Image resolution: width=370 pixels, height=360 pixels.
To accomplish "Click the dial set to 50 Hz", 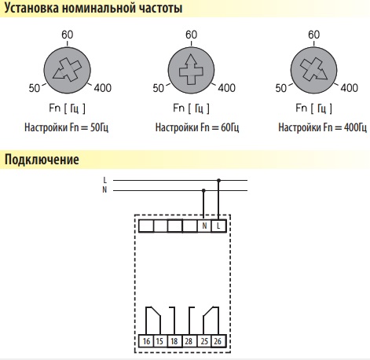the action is click(x=67, y=71).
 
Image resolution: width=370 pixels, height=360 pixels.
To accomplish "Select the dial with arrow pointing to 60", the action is click(x=191, y=71).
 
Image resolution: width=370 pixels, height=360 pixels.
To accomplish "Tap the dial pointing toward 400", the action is click(x=314, y=71).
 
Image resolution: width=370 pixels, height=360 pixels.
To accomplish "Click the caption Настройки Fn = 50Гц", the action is click(x=66, y=127).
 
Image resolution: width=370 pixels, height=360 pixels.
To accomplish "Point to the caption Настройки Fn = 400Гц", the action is click(x=322, y=127).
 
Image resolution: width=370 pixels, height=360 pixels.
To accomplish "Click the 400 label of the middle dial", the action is click(x=227, y=88).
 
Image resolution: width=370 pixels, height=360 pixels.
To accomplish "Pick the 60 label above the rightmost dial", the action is click(x=313, y=35).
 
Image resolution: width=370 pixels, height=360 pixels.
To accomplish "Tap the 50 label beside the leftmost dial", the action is click(x=35, y=88).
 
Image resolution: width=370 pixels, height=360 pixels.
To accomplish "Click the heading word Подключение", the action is click(x=42, y=160).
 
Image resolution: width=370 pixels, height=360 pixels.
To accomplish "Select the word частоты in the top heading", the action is click(x=161, y=8).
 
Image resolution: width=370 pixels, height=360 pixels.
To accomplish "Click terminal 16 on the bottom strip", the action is click(x=146, y=341).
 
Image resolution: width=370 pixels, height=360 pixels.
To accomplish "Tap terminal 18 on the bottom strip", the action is click(x=174, y=341).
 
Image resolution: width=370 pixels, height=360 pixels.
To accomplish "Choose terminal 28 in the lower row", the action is click(x=189, y=341).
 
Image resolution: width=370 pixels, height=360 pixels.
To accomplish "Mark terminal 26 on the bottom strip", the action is click(x=218, y=341).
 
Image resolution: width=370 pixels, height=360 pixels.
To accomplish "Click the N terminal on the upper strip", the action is click(x=204, y=226).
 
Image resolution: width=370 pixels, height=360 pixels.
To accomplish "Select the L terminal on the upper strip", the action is click(x=218, y=226).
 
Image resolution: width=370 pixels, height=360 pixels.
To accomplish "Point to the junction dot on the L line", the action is click(x=219, y=180).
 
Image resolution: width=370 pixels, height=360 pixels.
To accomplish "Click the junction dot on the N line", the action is click(x=203, y=190).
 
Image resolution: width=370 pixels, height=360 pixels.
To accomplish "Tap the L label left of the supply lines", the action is click(x=105, y=180).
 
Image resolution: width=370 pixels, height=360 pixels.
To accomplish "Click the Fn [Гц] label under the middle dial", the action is click(x=191, y=108).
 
